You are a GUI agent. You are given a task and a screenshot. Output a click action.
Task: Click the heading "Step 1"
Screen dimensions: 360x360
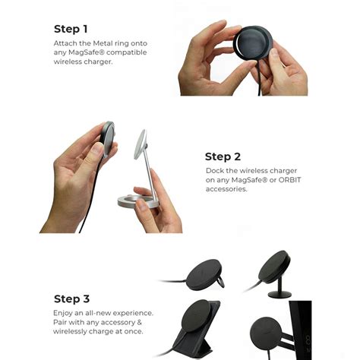tap(75, 29)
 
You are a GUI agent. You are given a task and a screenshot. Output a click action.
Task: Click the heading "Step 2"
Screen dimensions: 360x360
tap(229, 157)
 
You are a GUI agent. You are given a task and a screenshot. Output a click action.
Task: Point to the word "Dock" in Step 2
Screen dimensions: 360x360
tap(215, 170)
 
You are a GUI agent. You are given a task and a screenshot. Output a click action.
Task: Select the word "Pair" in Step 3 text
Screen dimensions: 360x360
tap(62, 321)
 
